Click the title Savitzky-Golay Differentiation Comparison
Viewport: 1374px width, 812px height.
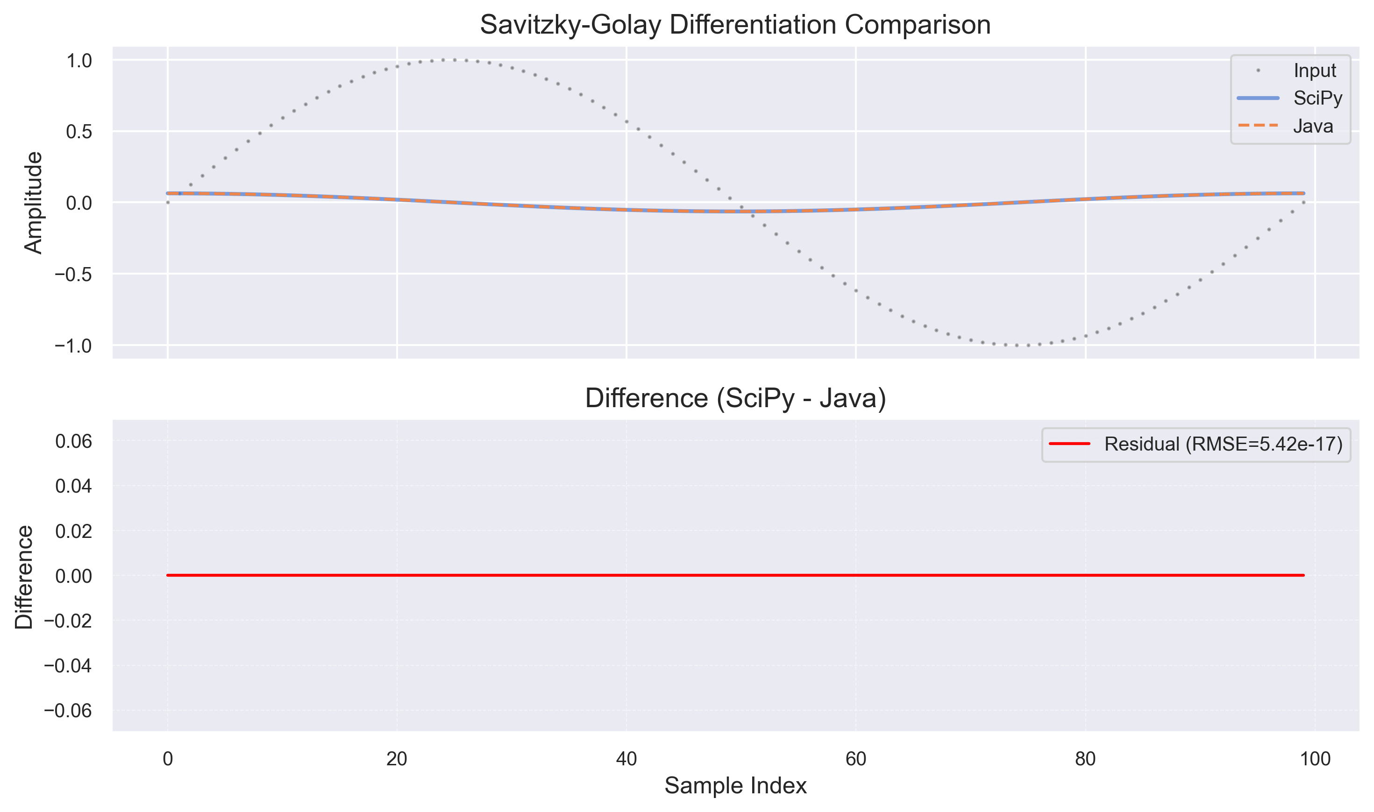pos(735,25)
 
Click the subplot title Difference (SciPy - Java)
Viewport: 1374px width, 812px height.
pos(735,398)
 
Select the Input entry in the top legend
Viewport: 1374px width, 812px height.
pos(1314,71)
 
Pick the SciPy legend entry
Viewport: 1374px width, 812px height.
pos(1317,98)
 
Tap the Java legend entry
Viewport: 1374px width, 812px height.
pos(1313,127)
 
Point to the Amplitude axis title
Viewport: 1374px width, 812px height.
pos(34,203)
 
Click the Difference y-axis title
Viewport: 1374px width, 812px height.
pos(25,577)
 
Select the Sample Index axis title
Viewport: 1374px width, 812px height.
pos(735,786)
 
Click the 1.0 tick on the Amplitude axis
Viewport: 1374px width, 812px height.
pos(79,61)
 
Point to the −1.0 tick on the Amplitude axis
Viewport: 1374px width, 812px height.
pos(73,346)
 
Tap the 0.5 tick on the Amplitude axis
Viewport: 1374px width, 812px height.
pos(79,132)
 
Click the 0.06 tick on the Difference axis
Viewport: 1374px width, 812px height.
pos(73,441)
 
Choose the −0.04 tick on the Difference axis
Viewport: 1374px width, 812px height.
pos(68,665)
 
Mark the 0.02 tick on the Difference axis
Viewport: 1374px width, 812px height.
pos(73,531)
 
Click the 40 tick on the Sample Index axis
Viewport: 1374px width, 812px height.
pos(626,759)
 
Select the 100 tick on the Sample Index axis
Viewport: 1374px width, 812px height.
pos(1314,759)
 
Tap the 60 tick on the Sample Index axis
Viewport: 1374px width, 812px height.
pos(855,759)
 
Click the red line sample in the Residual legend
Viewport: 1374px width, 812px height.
pos(1069,444)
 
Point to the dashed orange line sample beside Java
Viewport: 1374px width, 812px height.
pos(1258,126)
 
